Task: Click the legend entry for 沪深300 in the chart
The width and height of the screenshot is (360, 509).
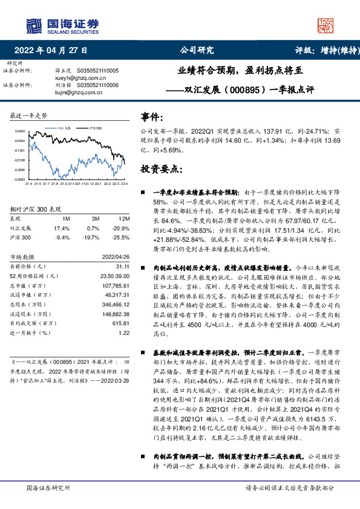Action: click(94, 129)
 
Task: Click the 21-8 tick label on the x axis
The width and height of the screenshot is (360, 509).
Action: click(54, 183)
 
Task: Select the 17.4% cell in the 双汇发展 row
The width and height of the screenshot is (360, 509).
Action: click(62, 229)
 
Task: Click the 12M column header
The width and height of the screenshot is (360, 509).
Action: click(123, 219)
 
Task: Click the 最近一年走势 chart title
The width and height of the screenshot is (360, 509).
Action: click(30, 115)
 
